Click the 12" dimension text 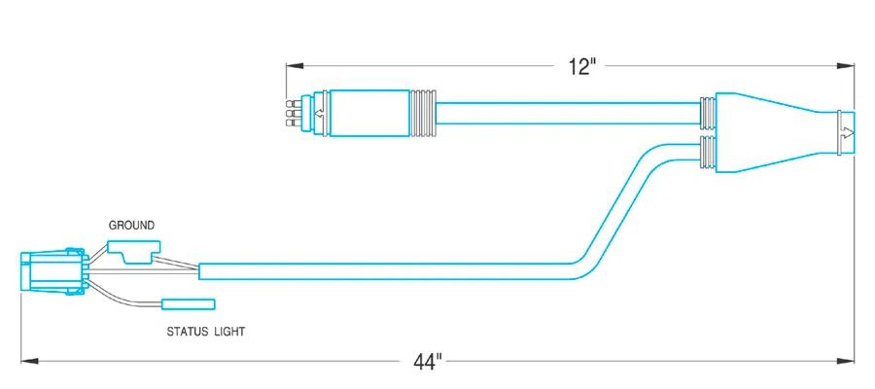[x=582, y=67]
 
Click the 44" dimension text [x=428, y=362]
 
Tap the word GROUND [x=131, y=226]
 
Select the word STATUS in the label [x=185, y=332]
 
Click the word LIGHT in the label [x=227, y=332]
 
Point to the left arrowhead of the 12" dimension [x=295, y=66]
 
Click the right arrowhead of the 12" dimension [x=846, y=66]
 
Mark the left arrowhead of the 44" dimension [x=29, y=362]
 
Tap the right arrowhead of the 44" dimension [x=846, y=362]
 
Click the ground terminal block [x=134, y=250]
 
